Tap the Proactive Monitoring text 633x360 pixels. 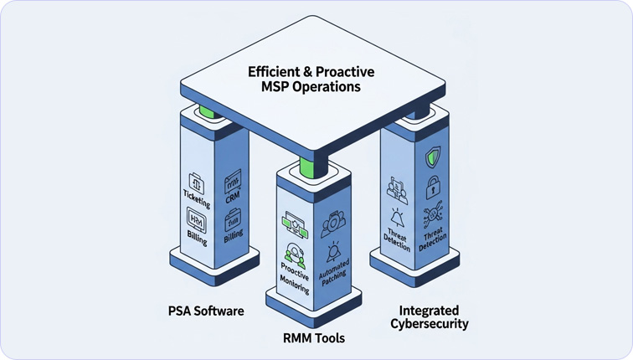pos(295,277)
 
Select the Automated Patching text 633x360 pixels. pos(335,270)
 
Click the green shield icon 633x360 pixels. pos(433,156)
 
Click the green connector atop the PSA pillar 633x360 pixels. pos(203,111)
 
